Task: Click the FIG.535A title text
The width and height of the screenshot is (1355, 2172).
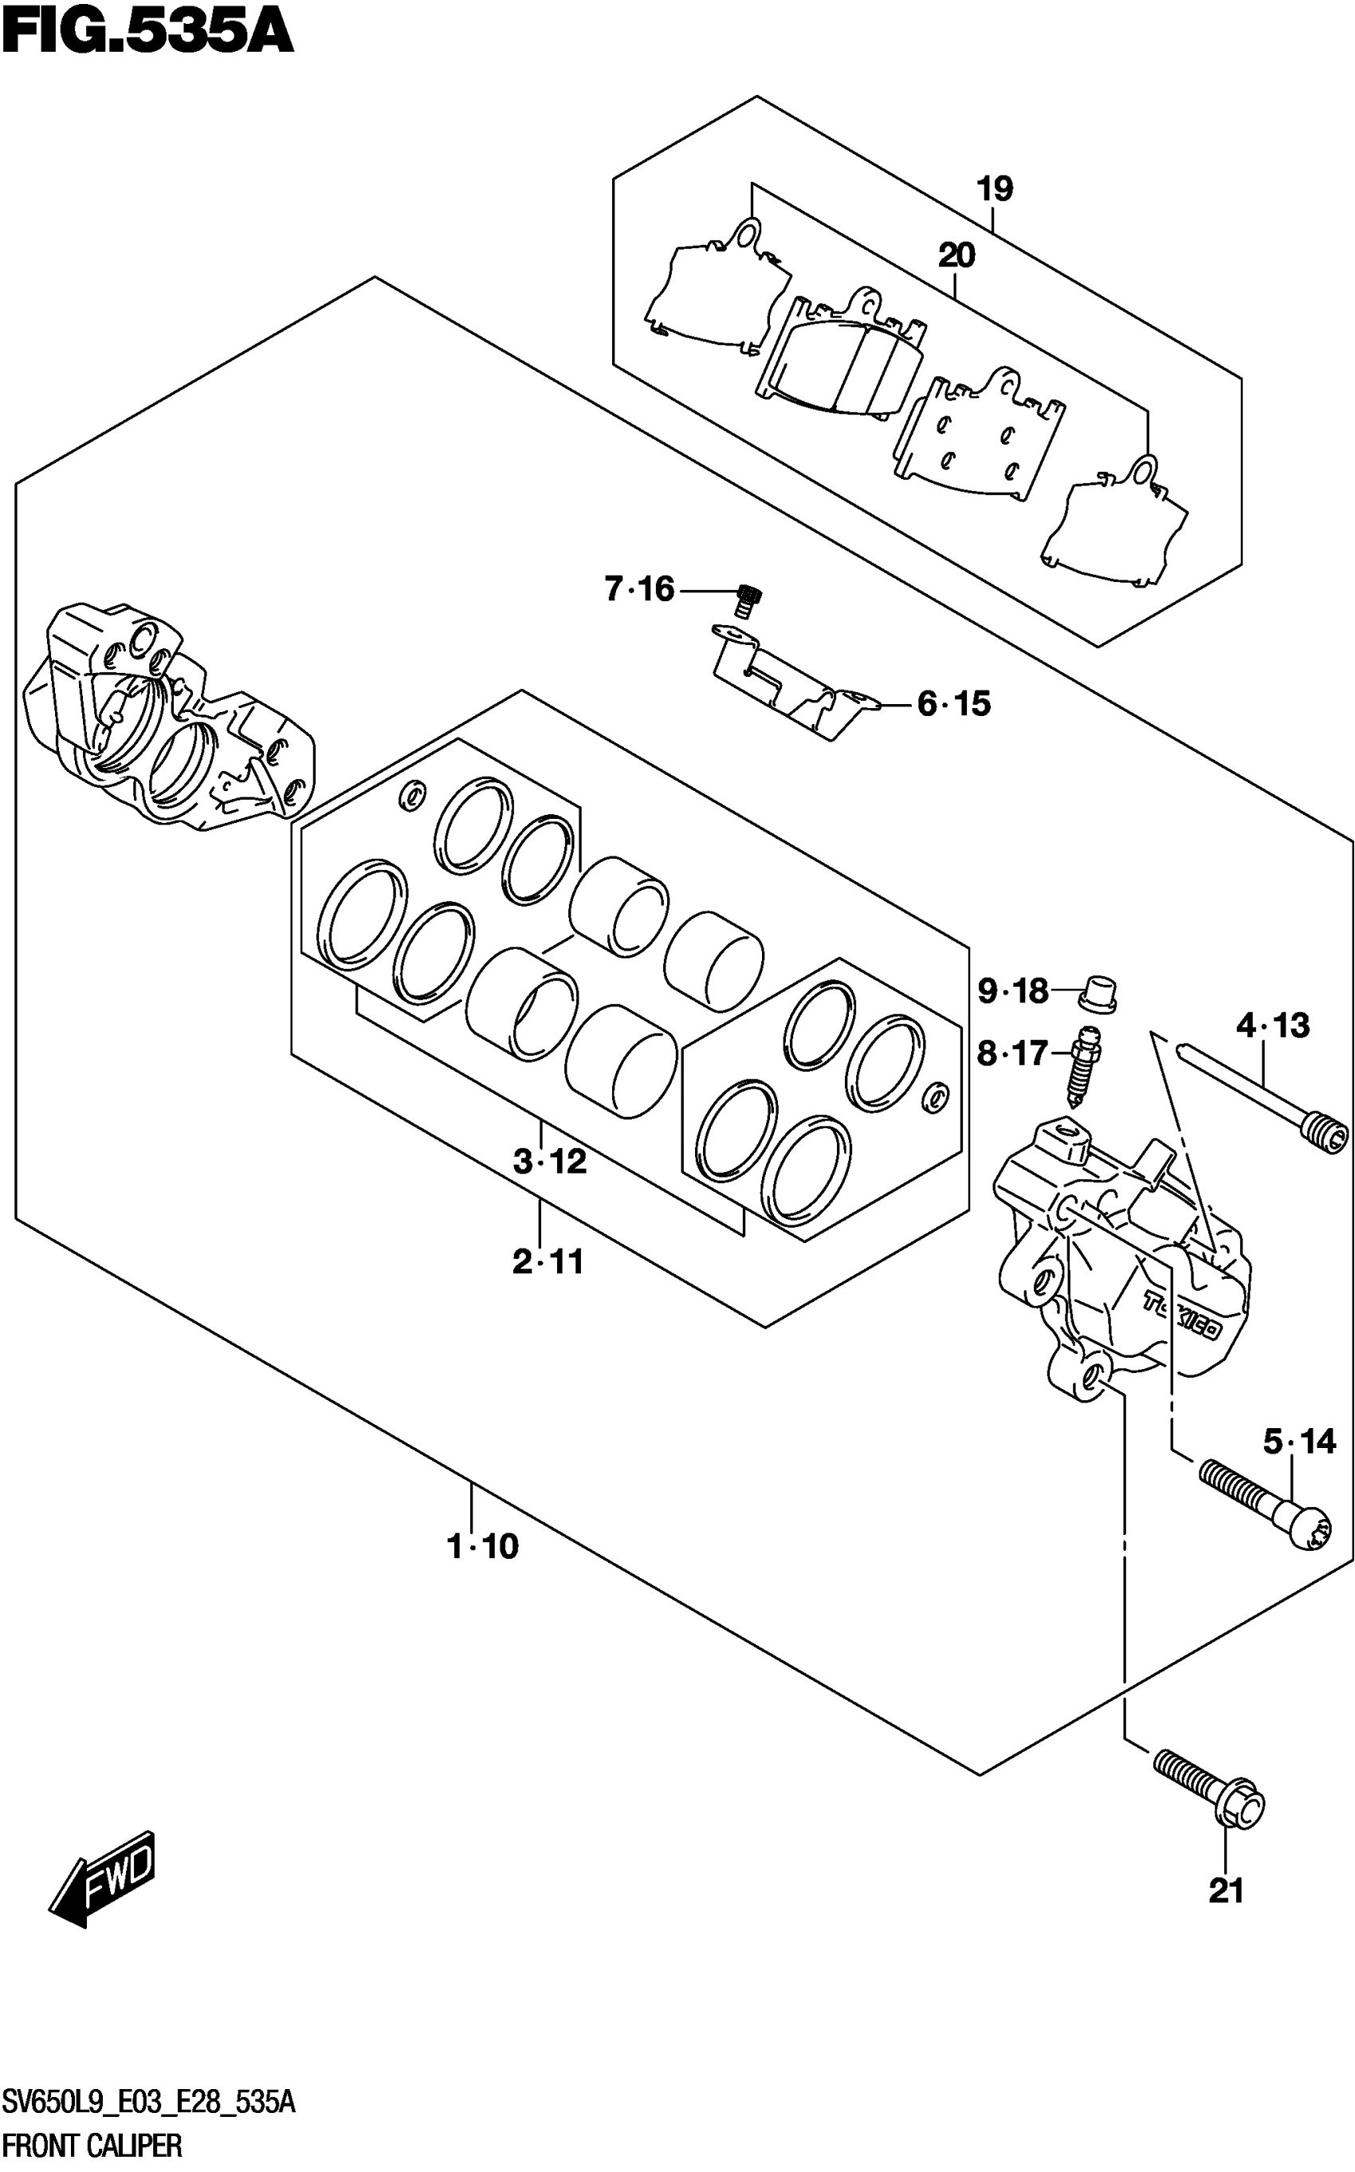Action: (x=148, y=34)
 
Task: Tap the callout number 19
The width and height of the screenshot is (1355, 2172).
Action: (x=994, y=190)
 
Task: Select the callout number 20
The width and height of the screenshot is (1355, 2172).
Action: (x=956, y=257)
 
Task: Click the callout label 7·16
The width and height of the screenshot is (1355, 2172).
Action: (x=639, y=590)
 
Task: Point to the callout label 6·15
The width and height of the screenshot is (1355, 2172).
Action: (x=953, y=705)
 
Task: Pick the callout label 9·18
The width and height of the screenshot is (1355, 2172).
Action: (x=1013, y=991)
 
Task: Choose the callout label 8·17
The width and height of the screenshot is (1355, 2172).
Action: (x=1013, y=1053)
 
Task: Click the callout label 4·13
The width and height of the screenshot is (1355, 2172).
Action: (x=1273, y=1025)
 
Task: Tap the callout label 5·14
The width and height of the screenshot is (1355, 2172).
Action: (x=1299, y=1442)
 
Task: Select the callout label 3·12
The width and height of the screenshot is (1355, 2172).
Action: (x=549, y=1162)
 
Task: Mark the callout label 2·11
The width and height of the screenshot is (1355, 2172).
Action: (x=548, y=1262)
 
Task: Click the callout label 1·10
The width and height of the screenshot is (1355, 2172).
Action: (x=482, y=1546)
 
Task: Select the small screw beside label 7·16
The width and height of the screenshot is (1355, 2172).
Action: (x=747, y=599)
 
